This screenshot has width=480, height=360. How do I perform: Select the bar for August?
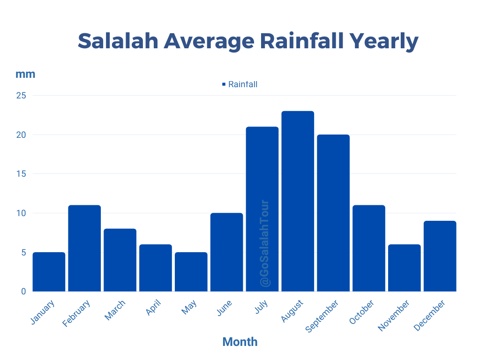click(x=298, y=201)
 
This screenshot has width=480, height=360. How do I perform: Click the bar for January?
click(x=49, y=272)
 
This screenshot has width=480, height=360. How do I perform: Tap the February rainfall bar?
click(x=84, y=248)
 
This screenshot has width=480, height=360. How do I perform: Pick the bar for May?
click(x=191, y=272)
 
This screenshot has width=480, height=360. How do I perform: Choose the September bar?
click(x=333, y=213)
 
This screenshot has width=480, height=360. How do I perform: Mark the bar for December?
click(x=440, y=256)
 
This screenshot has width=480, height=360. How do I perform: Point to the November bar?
click(x=404, y=268)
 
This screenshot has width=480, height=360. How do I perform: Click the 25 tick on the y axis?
click(x=22, y=96)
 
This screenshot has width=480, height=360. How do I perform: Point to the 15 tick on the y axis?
click(x=22, y=174)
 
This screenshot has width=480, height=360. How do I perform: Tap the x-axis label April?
click(x=153, y=308)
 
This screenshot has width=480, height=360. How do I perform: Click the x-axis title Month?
click(x=240, y=342)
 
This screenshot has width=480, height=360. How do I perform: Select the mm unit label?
click(x=25, y=74)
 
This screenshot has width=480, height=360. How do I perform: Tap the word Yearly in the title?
click(x=384, y=41)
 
